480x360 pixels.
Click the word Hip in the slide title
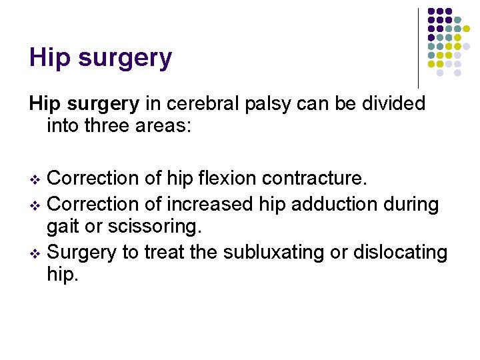pos(51,58)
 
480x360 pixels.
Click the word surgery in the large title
pos(125,59)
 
